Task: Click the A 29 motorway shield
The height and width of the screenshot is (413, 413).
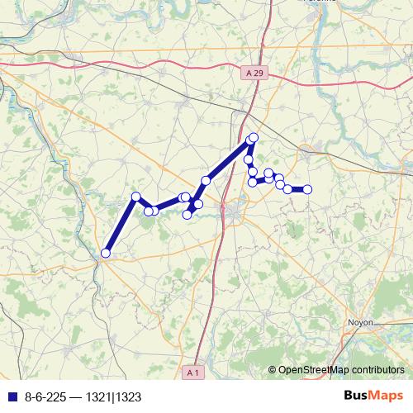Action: pos(256,74)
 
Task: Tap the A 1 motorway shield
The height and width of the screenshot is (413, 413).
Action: pos(193,373)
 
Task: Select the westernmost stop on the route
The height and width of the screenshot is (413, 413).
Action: pos(106,253)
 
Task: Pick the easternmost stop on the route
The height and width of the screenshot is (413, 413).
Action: pos(307,189)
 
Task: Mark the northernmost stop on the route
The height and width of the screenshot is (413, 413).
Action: pos(254,137)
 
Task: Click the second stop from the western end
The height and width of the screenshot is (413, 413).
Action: pos(136,197)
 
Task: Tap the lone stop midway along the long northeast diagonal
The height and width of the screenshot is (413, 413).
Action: pos(206,180)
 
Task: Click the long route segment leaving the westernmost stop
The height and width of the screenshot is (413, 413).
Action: pos(121,225)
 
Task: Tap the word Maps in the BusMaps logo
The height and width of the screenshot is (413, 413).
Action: pos(387,396)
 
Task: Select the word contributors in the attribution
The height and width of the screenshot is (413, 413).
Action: pos(377,370)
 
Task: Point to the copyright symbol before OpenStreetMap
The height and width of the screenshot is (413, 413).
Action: pos(272,370)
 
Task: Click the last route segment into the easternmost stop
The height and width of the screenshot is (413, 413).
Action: pos(297,189)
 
